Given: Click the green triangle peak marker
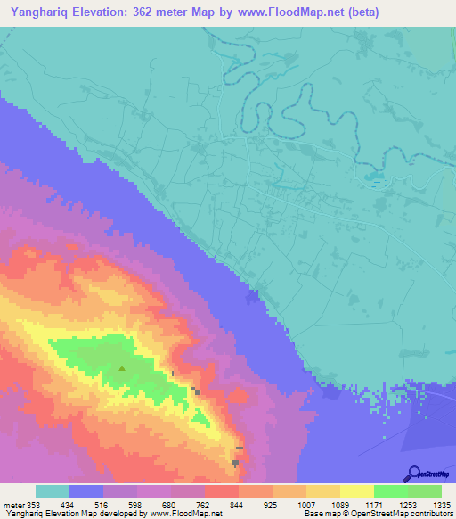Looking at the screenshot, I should (122, 367).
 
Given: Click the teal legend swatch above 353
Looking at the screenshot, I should (53, 491).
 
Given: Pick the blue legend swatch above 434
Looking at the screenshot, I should (86, 491).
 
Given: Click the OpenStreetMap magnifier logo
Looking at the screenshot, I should (413, 473).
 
